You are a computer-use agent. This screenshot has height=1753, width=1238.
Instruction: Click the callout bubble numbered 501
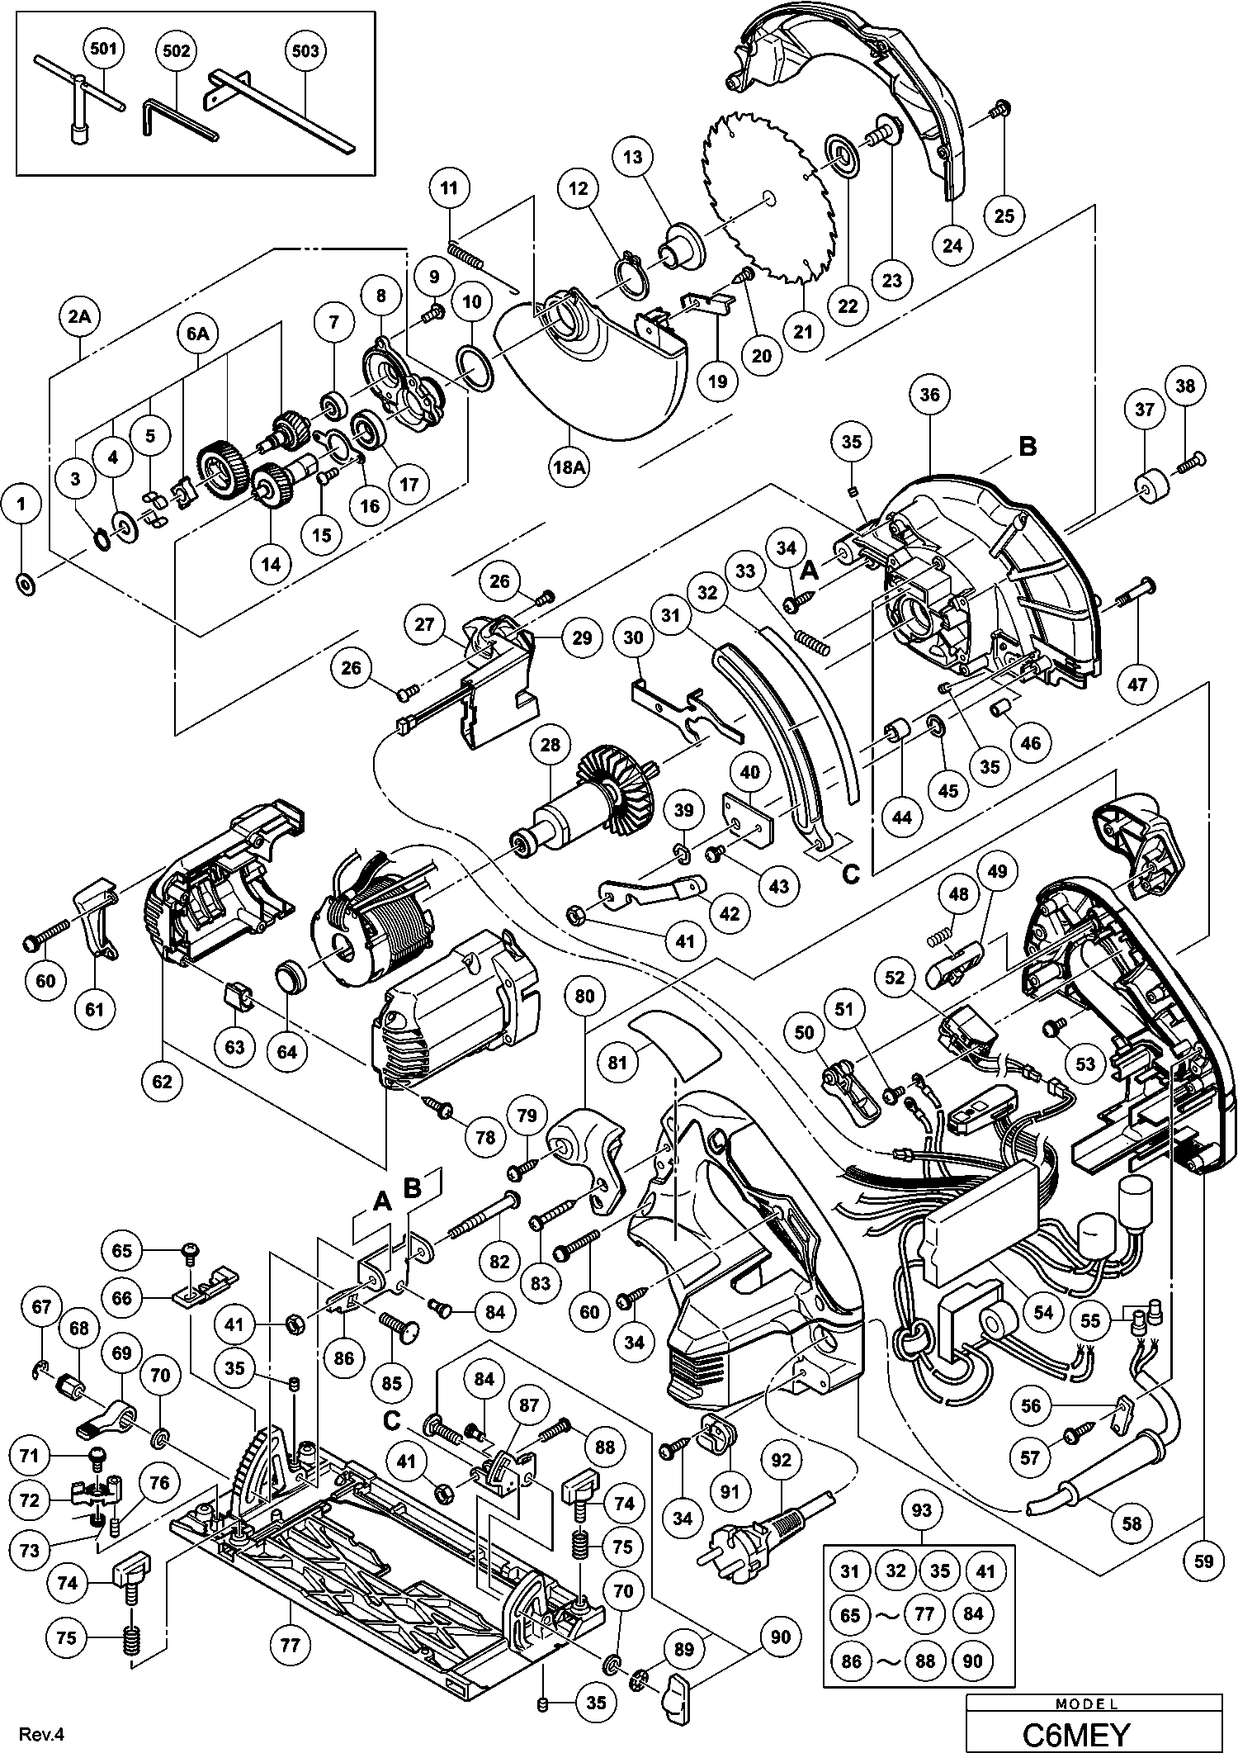click(102, 50)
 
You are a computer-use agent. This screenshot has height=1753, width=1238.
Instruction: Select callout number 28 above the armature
click(550, 745)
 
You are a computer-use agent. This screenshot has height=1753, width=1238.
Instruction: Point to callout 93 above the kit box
click(921, 1509)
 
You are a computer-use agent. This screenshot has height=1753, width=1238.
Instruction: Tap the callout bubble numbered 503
click(305, 50)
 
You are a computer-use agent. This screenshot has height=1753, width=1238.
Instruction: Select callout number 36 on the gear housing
click(929, 395)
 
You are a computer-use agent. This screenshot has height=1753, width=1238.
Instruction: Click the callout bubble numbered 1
click(23, 503)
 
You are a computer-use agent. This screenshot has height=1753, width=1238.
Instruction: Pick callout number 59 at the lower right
click(1203, 1560)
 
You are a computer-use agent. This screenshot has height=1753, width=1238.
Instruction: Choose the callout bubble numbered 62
click(162, 1079)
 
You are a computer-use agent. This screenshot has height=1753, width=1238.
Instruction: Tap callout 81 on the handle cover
click(618, 1063)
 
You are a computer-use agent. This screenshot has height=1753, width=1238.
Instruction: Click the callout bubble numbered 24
click(952, 245)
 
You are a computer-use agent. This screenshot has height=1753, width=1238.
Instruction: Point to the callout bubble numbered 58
click(1132, 1522)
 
